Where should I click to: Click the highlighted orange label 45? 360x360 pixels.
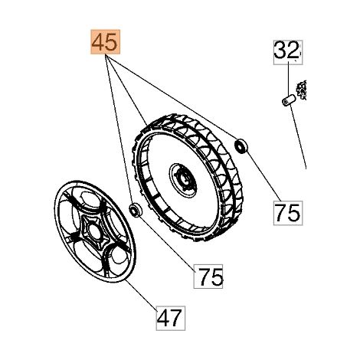[x=105, y=41]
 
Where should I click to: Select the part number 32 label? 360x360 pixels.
[x=288, y=52]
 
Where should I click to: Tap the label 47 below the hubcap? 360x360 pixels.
[x=171, y=318]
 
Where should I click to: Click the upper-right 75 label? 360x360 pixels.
[x=288, y=213]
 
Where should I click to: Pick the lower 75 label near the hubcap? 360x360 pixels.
[x=208, y=277]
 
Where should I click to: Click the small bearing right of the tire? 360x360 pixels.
[x=241, y=146]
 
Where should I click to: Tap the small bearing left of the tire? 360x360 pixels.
[x=136, y=210]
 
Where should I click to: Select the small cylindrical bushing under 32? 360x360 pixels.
[x=288, y=100]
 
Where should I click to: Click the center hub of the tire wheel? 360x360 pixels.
[x=183, y=180]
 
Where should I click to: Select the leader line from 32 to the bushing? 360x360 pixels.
[x=288, y=79]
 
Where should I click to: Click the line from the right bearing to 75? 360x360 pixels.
[x=263, y=176]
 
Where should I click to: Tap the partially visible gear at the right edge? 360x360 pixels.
[x=302, y=90]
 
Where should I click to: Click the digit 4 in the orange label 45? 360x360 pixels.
[x=98, y=42]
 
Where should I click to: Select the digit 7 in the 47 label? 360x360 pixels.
[x=177, y=318]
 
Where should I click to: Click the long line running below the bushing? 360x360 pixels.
[x=298, y=137]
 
